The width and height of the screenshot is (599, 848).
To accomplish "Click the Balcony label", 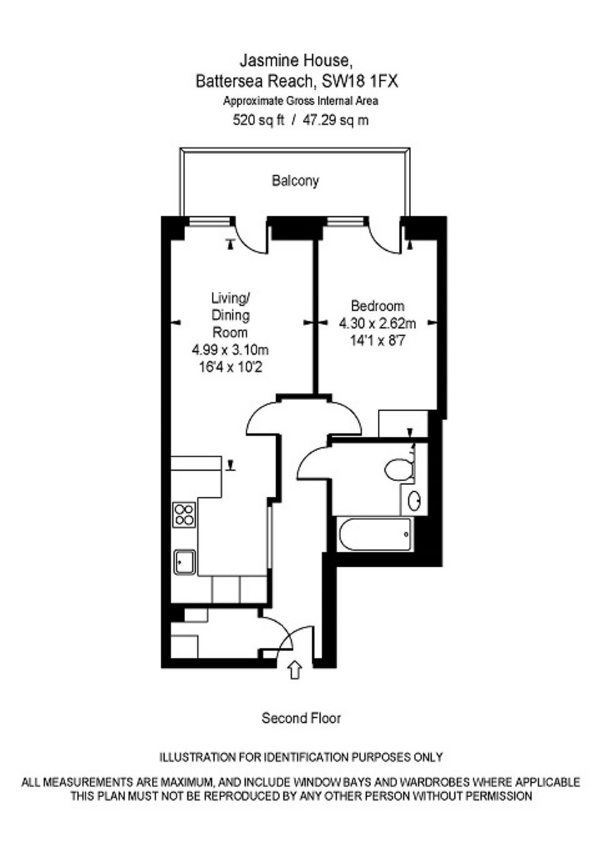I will (295, 181).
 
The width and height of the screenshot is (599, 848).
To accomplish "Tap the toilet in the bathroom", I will (399, 469).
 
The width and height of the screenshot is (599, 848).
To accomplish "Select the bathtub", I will (374, 535).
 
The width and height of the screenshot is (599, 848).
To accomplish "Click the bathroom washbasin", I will (415, 500).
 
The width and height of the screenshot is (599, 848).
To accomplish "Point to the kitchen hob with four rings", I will (184, 514).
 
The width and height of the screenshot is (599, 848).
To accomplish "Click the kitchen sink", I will (185, 561).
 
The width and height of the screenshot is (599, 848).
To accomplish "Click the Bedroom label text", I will (378, 307).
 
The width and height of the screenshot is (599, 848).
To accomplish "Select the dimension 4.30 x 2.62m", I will (378, 324).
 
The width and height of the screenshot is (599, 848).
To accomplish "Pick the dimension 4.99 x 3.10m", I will (230, 350).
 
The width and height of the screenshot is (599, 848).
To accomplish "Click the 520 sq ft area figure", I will (259, 120).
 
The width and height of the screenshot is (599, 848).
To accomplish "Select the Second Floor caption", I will (301, 719).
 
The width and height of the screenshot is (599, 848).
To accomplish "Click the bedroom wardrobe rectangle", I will (403, 423).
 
